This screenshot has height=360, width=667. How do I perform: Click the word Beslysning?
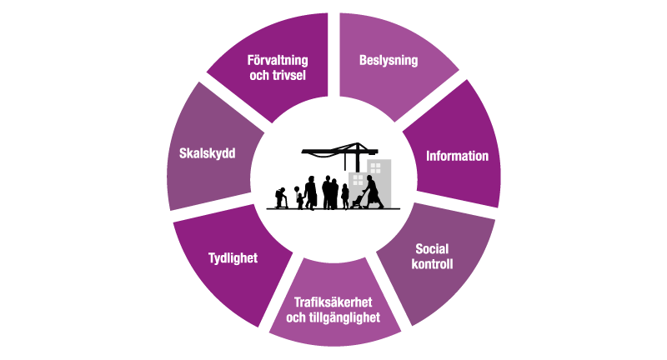tap(388, 61)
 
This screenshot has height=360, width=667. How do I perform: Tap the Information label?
tap(457, 156)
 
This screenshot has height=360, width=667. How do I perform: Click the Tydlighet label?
tap(233, 257)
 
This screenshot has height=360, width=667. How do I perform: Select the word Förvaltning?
tap(278, 60)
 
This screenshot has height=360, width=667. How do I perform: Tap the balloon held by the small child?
tap(296, 187)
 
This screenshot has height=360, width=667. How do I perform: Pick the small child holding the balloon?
tap(299, 201)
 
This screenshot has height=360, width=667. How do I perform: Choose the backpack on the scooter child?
tap(276, 194)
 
